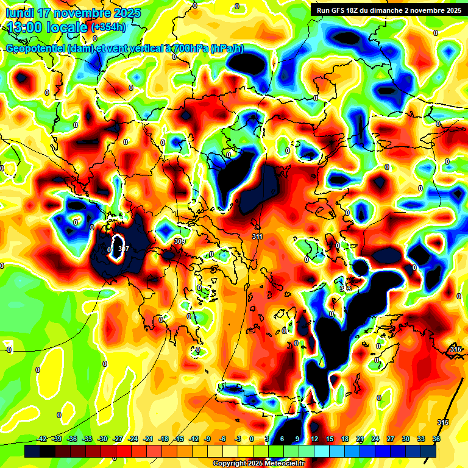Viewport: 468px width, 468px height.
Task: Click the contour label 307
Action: click(x=123, y=249)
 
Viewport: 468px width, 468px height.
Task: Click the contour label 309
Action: click(x=179, y=242)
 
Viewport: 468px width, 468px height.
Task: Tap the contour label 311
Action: click(x=257, y=236)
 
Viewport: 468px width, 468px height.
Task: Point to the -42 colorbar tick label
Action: click(x=42, y=439)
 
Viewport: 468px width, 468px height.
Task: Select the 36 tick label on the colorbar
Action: click(x=436, y=439)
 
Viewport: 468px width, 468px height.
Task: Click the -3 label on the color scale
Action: click(x=237, y=439)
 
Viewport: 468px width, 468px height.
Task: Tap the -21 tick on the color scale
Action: click(x=148, y=439)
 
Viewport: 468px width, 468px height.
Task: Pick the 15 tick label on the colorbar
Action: click(x=330, y=439)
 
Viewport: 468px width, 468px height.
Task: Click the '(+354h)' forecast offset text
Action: click(x=109, y=27)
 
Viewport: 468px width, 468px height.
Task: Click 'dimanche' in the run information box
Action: click(x=397, y=10)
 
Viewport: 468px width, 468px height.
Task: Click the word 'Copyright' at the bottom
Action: click(x=230, y=464)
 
